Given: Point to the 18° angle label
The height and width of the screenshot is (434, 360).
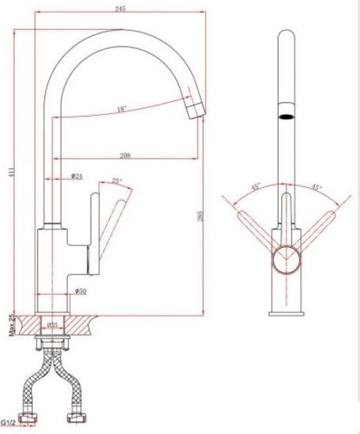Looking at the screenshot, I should coord(122,109).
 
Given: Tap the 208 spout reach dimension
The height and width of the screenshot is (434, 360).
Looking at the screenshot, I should coord(125,155).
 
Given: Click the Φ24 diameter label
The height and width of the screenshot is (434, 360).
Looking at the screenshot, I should coord(77,177).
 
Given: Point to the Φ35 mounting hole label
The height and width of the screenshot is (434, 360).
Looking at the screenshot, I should coord(54,324).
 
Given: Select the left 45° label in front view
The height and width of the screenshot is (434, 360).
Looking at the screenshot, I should coord(257,188).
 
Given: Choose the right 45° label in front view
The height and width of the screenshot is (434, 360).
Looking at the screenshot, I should coord(317,188).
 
